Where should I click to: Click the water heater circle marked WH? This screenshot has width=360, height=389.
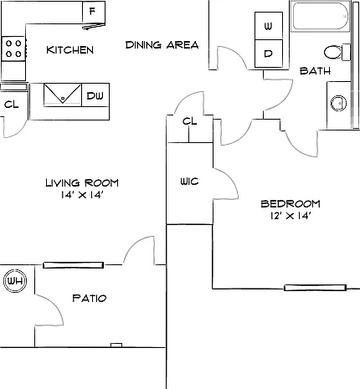pyautogui.click(x=15, y=280)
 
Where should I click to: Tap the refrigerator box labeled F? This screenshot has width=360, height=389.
pyautogui.click(x=94, y=13)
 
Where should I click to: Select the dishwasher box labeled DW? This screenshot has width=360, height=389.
pyautogui.click(x=95, y=95)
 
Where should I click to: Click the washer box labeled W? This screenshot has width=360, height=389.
pyautogui.click(x=269, y=26)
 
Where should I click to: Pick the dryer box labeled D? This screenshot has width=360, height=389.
pyautogui.click(x=269, y=54)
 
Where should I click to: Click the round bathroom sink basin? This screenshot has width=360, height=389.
pyautogui.click(x=338, y=103)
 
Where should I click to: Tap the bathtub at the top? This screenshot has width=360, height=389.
pyautogui.click(x=320, y=16)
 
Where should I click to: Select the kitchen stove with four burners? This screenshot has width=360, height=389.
pyautogui.click(x=13, y=49)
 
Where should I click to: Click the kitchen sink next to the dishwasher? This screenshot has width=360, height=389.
pyautogui.click(x=63, y=95)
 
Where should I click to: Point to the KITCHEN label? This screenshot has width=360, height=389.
pyautogui.click(x=69, y=50)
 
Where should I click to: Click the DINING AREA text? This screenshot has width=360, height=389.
pyautogui.click(x=162, y=45)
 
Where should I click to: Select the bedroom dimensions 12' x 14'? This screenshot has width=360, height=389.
pyautogui.click(x=291, y=216)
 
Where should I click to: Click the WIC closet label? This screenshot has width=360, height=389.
pyautogui.click(x=189, y=182)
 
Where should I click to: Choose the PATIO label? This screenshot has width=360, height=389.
pyautogui.click(x=90, y=298)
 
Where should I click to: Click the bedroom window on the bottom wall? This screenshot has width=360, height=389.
pyautogui.click(x=315, y=288)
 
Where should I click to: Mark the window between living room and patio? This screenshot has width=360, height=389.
pyautogui.click(x=73, y=265)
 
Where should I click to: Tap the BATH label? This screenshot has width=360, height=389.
pyautogui.click(x=315, y=71)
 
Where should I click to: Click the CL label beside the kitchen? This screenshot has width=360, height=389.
pyautogui.click(x=12, y=105)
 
